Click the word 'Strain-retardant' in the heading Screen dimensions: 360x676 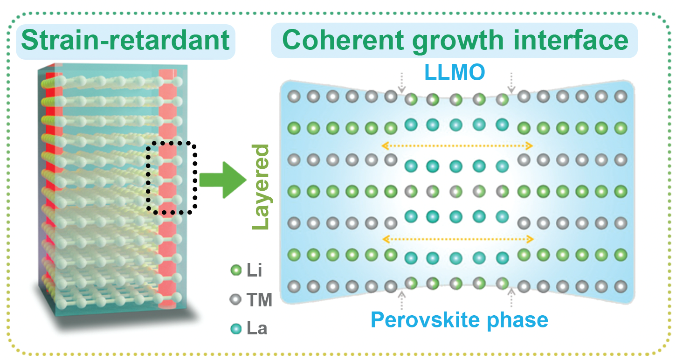tap(125, 41)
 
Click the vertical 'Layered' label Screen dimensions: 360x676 tap(261, 187)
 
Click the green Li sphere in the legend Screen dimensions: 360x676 tap(236, 270)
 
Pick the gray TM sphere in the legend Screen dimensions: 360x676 tap(236, 300)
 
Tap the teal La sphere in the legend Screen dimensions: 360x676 tap(236, 329)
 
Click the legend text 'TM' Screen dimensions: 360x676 tap(258, 300)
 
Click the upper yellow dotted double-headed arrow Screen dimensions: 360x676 tap(457, 146)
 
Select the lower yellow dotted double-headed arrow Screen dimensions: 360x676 tap(457, 239)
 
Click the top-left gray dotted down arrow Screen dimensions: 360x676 tap(400, 83)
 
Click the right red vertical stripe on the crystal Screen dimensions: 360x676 tap(166, 187)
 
